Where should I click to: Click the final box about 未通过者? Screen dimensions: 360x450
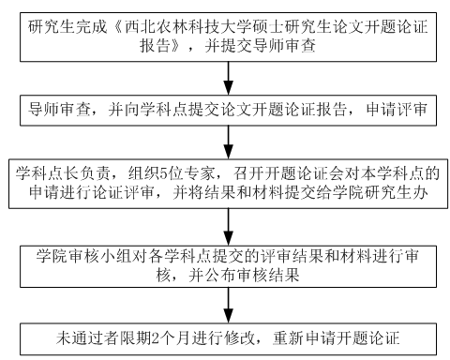225,336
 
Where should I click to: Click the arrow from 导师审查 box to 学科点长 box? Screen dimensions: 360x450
227,143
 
